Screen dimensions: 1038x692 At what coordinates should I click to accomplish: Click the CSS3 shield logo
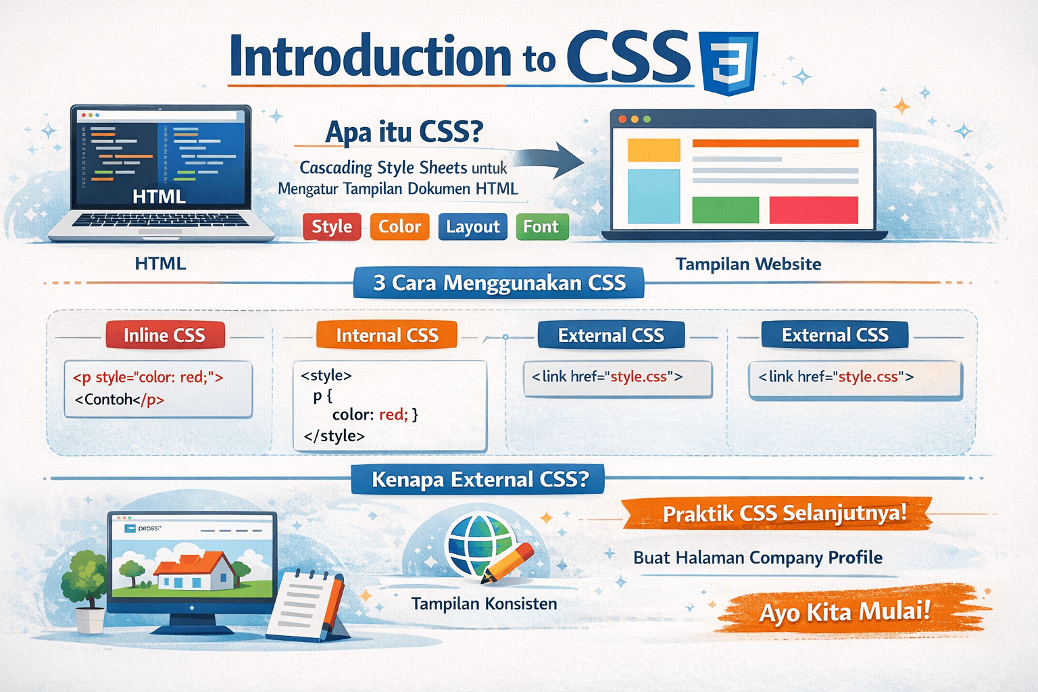click(730, 63)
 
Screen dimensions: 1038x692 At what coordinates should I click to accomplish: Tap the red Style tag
click(332, 226)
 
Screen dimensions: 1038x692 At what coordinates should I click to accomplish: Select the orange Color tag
click(399, 226)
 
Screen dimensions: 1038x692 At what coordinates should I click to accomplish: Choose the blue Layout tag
click(472, 226)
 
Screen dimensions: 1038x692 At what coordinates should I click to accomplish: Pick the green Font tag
click(542, 226)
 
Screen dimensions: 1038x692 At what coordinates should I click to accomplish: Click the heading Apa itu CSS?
click(404, 132)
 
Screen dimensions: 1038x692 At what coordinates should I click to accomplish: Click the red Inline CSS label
click(165, 335)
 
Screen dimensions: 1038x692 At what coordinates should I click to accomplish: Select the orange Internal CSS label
click(387, 335)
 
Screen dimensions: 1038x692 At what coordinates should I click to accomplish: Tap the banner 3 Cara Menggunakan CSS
click(499, 282)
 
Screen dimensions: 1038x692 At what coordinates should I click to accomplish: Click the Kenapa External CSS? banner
click(478, 479)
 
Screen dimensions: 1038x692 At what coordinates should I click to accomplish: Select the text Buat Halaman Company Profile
click(758, 557)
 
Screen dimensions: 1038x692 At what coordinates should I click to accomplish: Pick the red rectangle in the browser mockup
click(814, 210)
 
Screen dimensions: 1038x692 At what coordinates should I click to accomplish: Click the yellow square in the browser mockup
click(653, 150)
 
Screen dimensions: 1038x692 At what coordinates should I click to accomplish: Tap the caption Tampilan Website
click(748, 264)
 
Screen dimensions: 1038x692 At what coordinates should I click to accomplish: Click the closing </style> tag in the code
click(334, 436)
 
